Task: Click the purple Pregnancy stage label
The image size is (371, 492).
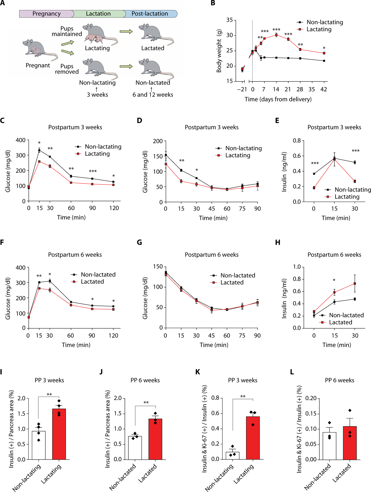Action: (46, 14)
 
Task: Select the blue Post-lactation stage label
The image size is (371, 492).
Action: (150, 14)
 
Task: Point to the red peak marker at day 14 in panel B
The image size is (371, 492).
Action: (276, 35)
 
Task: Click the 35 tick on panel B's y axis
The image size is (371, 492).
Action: (229, 20)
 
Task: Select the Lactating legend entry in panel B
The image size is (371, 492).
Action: (319, 29)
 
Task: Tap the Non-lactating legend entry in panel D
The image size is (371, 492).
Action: (243, 148)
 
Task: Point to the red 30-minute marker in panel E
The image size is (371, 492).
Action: (355, 181)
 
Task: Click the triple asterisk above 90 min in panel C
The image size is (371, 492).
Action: (93, 171)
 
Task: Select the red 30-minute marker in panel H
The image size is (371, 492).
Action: (355, 283)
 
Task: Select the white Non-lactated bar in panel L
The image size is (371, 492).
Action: (329, 446)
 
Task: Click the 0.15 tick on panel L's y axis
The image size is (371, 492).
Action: (311, 414)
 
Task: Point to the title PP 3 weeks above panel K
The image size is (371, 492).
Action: (243, 380)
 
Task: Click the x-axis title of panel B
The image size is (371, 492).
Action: (278, 99)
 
